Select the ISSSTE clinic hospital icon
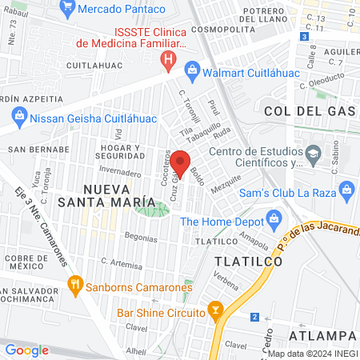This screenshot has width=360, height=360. click(x=167, y=58)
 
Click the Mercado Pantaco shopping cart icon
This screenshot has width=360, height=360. click(x=68, y=10)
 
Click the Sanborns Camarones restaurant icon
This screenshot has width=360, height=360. click(x=75, y=283)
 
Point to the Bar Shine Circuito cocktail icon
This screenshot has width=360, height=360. click(x=214, y=310)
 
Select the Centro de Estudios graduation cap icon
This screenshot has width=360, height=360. click(x=314, y=152)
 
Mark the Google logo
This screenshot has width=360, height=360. click(x=26, y=350)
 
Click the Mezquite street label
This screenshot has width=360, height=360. click(x=226, y=183)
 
